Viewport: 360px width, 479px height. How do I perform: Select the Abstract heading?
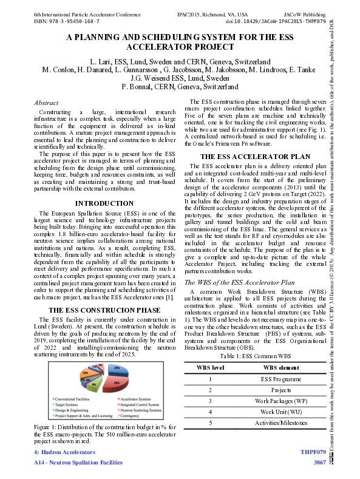click(46, 103)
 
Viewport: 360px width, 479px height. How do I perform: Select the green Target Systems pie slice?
click(94, 385)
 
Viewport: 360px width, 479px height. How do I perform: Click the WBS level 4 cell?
click(210, 412)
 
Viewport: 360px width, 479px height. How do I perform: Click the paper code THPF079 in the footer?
click(313, 453)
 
